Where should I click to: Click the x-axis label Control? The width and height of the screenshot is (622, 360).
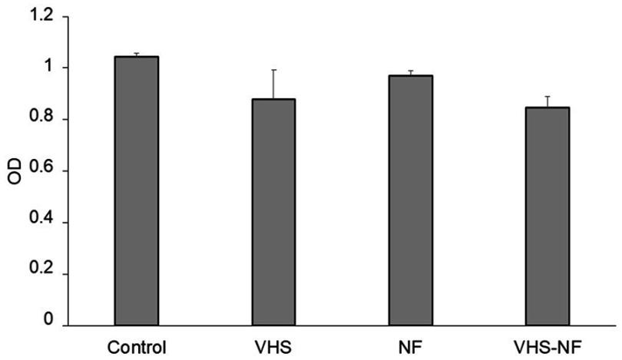point(137,345)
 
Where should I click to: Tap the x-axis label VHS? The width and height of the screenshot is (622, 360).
point(273,345)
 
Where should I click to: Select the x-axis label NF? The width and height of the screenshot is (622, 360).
point(410,345)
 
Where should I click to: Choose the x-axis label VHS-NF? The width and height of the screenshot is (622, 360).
point(548,345)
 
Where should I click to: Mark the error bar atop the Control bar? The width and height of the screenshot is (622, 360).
point(137,54)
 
